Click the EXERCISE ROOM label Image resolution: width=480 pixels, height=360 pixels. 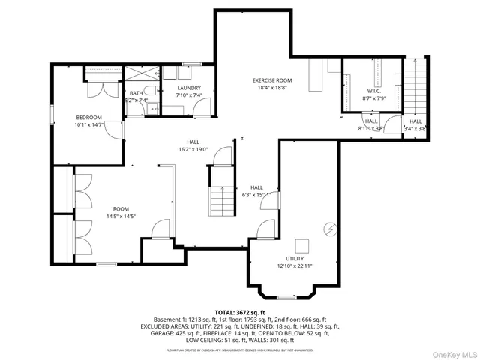click(271, 79)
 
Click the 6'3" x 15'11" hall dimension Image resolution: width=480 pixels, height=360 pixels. click(256, 196)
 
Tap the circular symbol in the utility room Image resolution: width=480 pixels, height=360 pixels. click(328, 227)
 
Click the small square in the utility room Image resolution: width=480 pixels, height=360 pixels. click(302, 246)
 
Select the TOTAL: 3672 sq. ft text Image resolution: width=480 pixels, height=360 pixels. click(240, 312)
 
